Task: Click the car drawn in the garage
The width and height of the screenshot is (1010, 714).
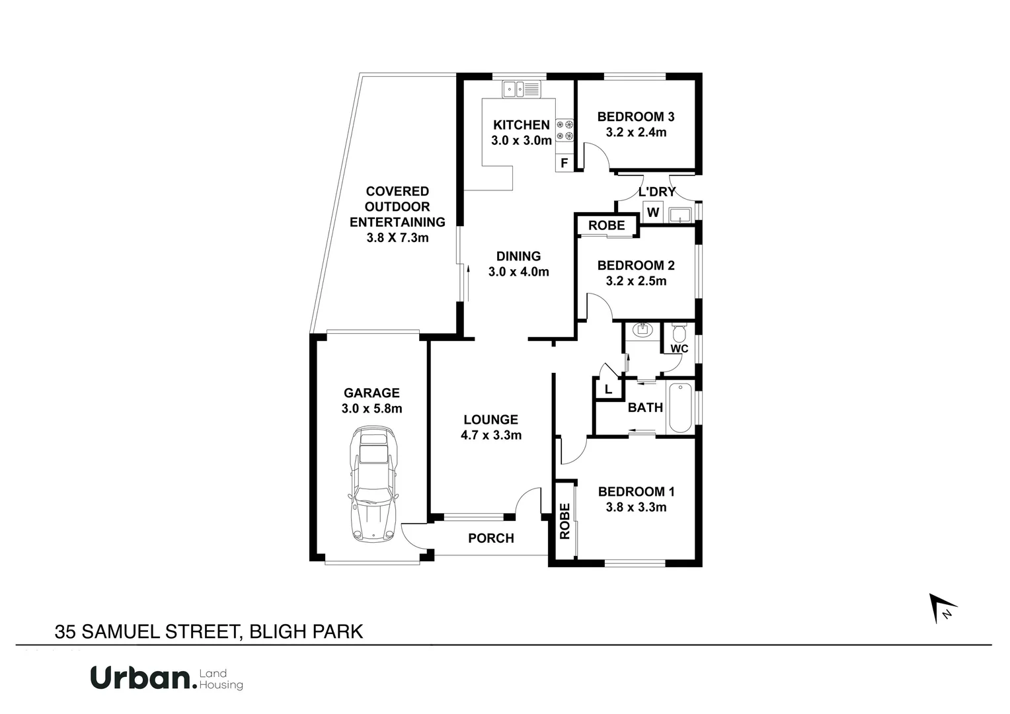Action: click(x=374, y=484)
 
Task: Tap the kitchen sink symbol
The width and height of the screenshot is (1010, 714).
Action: click(x=521, y=89)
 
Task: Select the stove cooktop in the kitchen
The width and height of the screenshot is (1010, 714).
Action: click(x=564, y=130)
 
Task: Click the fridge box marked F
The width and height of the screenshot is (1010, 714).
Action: click(x=564, y=163)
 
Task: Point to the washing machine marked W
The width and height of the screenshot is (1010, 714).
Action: click(x=653, y=212)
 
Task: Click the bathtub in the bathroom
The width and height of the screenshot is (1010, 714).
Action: click(x=680, y=407)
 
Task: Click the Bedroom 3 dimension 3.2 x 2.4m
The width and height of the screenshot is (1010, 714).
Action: click(x=636, y=132)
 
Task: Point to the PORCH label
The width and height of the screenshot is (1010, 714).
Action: click(x=490, y=538)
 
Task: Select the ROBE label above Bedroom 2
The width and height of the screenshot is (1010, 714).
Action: click(x=606, y=225)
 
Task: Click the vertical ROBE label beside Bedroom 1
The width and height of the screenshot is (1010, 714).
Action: click(x=565, y=521)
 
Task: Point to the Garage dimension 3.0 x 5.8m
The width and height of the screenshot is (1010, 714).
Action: click(x=371, y=409)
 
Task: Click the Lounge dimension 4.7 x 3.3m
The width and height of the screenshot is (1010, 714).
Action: click(x=490, y=435)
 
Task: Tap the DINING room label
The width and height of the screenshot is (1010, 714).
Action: click(x=518, y=256)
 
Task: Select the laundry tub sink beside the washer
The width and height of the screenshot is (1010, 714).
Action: click(x=680, y=214)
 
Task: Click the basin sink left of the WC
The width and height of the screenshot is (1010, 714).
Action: click(x=642, y=330)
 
